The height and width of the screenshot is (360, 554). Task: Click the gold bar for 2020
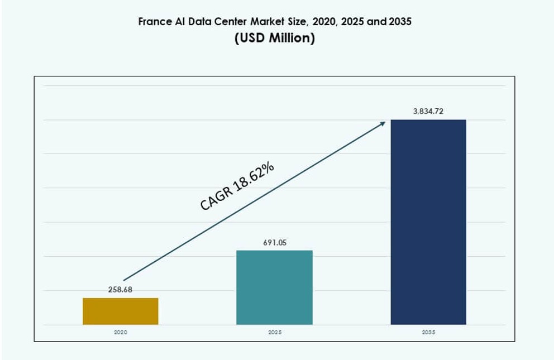pyautogui.click(x=121, y=311)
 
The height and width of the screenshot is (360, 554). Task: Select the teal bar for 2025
pyautogui.click(x=274, y=287)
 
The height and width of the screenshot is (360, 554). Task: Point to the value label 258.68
pyautogui.click(x=120, y=290)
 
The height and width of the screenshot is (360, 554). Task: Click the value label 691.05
pyautogui.click(x=274, y=243)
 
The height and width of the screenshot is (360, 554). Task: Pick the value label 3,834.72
pyautogui.click(x=428, y=112)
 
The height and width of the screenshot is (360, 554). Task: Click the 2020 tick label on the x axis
pyautogui.click(x=121, y=332)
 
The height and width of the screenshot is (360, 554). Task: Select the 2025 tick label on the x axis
pyautogui.click(x=274, y=332)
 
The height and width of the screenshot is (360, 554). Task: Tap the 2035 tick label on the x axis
pyautogui.click(x=428, y=332)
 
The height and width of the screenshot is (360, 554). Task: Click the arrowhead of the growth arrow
pyautogui.click(x=383, y=123)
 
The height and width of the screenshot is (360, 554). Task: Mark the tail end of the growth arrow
pyautogui.click(x=124, y=280)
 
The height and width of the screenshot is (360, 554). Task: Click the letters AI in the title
pyautogui.click(x=182, y=22)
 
